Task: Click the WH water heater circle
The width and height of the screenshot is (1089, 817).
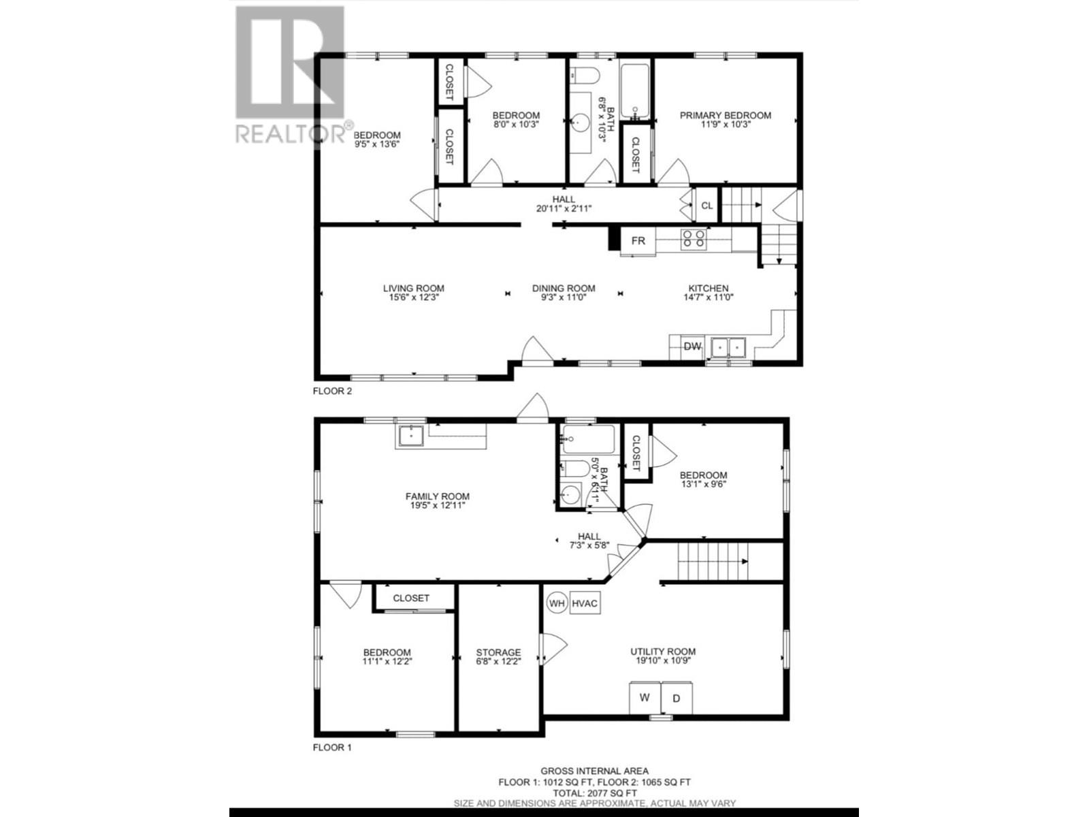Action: [x=557, y=603]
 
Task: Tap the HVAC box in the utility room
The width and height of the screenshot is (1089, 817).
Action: [x=585, y=603]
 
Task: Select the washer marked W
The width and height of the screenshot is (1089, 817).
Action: [x=645, y=698]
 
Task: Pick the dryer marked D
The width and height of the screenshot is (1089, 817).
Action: [x=677, y=698]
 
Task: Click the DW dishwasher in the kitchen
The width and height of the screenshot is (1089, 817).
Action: [x=692, y=347]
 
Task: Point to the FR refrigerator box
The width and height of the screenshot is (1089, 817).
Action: [x=638, y=241]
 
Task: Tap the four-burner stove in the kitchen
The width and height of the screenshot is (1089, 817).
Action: [x=694, y=238]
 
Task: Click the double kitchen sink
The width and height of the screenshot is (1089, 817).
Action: [x=728, y=347]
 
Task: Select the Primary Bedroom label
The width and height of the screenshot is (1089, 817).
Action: [x=726, y=116]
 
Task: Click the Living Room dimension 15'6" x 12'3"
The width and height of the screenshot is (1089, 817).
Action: [x=414, y=298]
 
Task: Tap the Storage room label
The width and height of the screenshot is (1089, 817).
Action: [x=498, y=652]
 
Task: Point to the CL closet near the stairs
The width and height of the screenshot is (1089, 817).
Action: [x=707, y=205]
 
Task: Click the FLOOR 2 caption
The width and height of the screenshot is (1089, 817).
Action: [x=332, y=391]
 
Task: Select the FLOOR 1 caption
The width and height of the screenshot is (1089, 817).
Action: [x=332, y=747]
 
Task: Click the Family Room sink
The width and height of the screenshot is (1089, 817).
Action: [x=411, y=435]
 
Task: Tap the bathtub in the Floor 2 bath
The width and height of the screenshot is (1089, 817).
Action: [x=636, y=91]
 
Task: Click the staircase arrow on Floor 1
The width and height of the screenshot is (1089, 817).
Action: [x=745, y=561]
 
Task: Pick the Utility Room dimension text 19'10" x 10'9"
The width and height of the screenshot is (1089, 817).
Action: [x=663, y=660]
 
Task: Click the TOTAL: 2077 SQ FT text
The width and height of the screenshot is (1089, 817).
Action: [x=594, y=793]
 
